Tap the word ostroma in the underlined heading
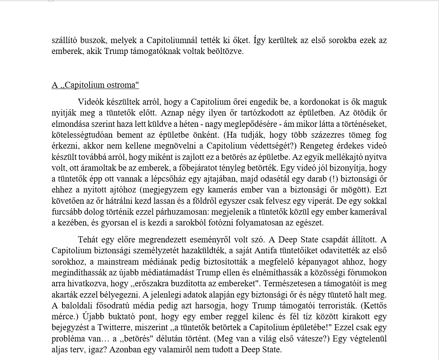click(x=122, y=85)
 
